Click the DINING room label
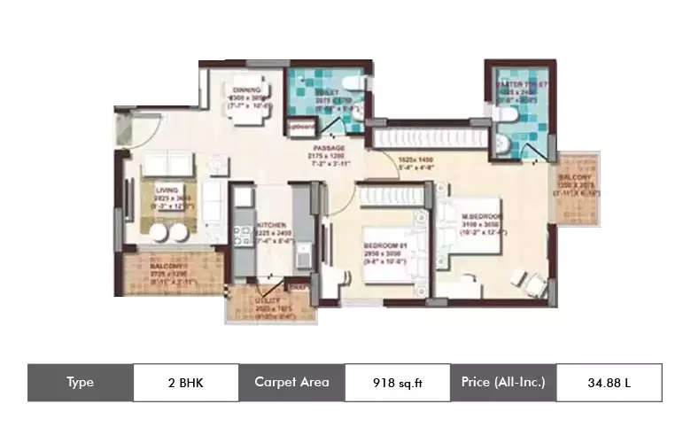click(245, 89)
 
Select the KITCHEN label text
click(269, 226)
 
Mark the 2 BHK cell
click(185, 383)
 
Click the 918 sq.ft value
click(396, 383)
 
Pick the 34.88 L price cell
click(608, 383)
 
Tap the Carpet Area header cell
click(291, 383)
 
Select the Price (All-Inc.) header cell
click(503, 383)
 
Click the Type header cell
click(80, 383)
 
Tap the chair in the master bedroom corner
click(532, 281)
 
